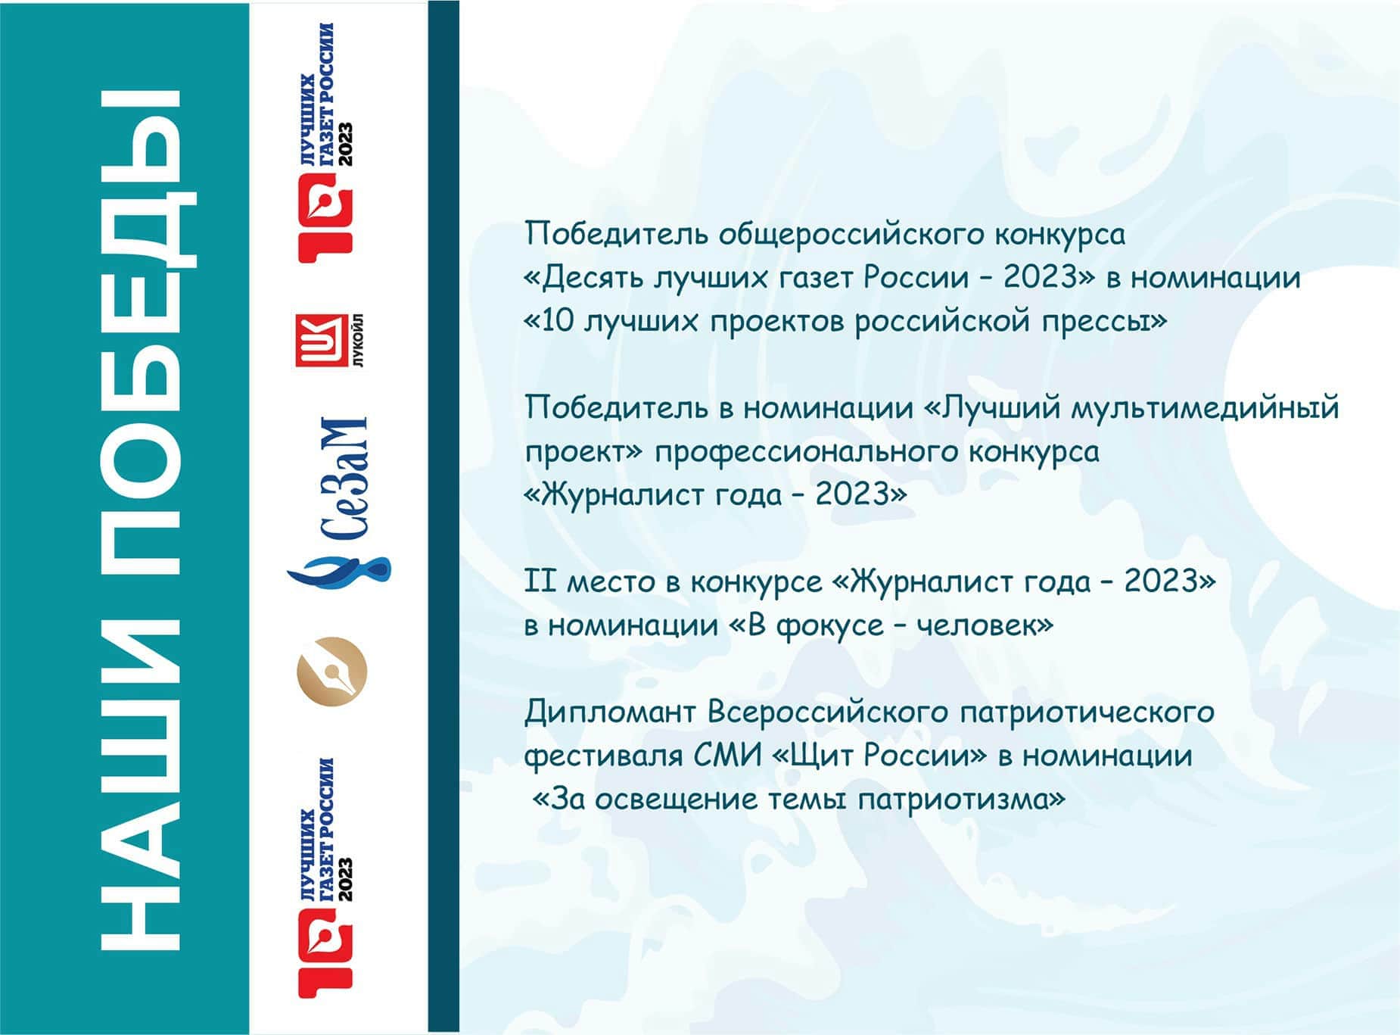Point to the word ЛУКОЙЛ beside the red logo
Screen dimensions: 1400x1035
pos(358,341)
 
